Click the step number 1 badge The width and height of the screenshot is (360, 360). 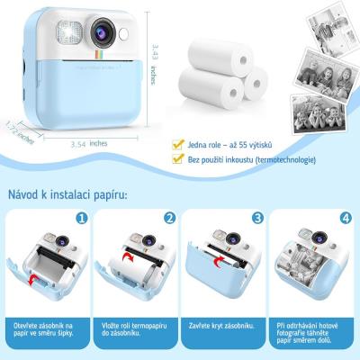click(x=83, y=218)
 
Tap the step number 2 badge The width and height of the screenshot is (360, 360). click(x=169, y=218)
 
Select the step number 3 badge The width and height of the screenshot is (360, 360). click(x=256, y=218)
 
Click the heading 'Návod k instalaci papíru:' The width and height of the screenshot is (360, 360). click(x=68, y=193)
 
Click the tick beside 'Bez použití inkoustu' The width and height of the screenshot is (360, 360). click(x=180, y=159)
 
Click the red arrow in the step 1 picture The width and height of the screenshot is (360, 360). click(x=40, y=282)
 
